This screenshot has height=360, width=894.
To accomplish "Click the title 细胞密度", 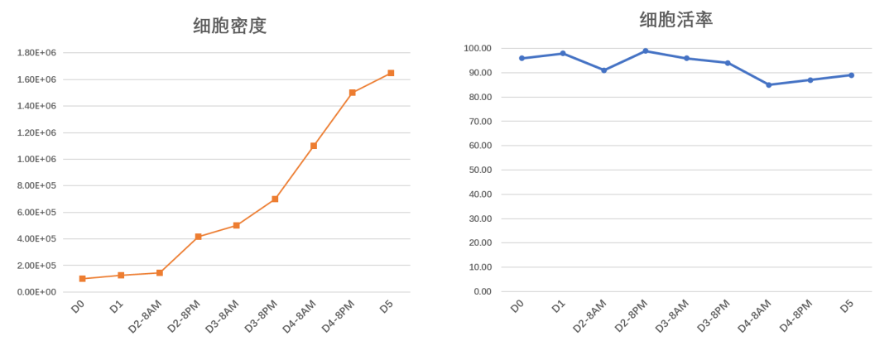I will [x=230, y=26].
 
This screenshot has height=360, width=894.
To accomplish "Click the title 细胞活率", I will [x=675, y=20].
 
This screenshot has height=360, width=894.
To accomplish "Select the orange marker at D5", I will [x=391, y=74].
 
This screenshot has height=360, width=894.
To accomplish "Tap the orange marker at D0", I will [x=83, y=279].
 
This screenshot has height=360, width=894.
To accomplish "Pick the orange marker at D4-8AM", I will [x=314, y=146].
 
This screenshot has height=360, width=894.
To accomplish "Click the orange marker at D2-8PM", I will [x=198, y=237].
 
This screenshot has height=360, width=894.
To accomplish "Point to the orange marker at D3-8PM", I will [x=275, y=199].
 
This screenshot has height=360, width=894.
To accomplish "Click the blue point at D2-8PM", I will [x=645, y=50].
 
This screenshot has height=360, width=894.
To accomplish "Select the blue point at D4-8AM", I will [x=769, y=85].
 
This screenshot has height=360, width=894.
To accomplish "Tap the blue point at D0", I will [x=521, y=58].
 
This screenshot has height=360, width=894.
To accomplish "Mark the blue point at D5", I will [x=851, y=75].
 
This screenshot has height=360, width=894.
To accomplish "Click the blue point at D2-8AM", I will [x=604, y=70].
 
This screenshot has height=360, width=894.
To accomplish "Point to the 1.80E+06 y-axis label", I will [x=36, y=53].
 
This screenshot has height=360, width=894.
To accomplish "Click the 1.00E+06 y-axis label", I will [x=36, y=159].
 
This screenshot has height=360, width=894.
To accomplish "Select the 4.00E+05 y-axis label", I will [x=36, y=239].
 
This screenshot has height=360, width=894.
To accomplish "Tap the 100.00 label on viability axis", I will [x=478, y=48].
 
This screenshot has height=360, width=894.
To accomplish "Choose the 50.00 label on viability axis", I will [x=479, y=170].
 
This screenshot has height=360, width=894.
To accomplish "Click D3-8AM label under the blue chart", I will [x=671, y=316].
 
